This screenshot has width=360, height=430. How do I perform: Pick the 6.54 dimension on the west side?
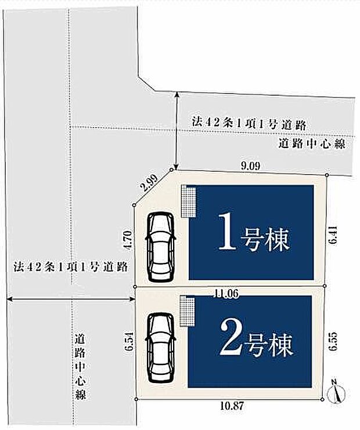coord(129,342)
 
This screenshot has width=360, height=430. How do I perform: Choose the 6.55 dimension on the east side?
coord(332,341)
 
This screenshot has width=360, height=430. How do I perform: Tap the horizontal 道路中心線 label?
coord(311,143)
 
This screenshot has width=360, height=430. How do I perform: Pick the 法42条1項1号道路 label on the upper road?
coord(249,123)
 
